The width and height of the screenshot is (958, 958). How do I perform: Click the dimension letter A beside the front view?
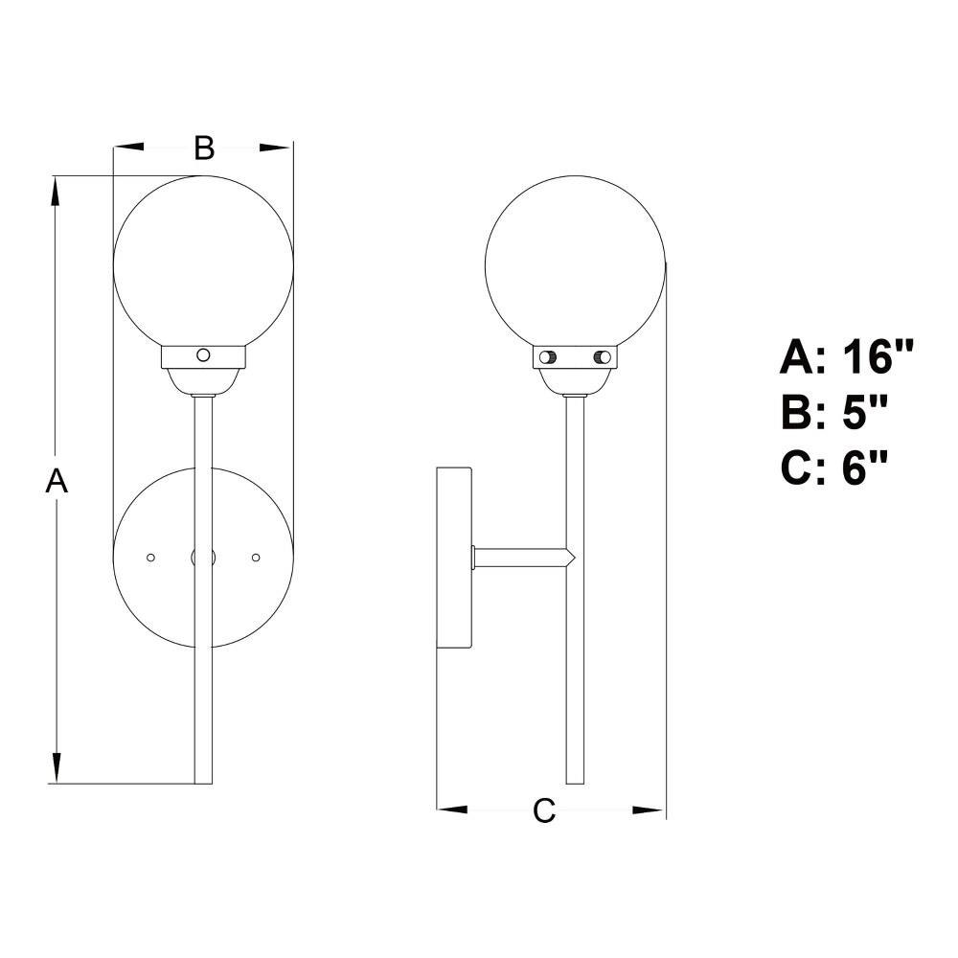point(57,480)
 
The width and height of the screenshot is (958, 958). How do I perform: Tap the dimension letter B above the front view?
point(204,148)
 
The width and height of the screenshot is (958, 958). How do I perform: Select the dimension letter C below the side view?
point(544,810)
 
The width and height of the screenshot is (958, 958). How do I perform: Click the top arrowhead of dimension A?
point(57,192)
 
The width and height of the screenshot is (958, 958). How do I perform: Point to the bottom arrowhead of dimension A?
point(57,768)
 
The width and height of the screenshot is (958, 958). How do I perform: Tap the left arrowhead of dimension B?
point(129,147)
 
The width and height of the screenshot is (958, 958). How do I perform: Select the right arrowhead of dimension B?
point(276,147)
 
